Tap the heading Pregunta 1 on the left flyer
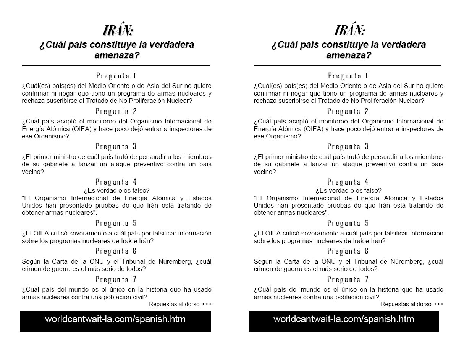tap(116, 76)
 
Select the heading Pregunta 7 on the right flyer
tap(348, 279)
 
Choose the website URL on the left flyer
tap(115, 319)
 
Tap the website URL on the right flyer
tap(344, 319)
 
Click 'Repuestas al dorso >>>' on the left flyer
tap(180, 304)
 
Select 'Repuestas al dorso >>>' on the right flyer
tap(412, 304)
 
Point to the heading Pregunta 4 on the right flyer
tap(348, 182)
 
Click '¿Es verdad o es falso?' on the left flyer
tap(116, 190)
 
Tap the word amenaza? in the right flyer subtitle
tap(349, 55)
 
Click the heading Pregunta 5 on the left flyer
tap(116, 223)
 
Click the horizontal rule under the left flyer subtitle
tap(116, 65)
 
